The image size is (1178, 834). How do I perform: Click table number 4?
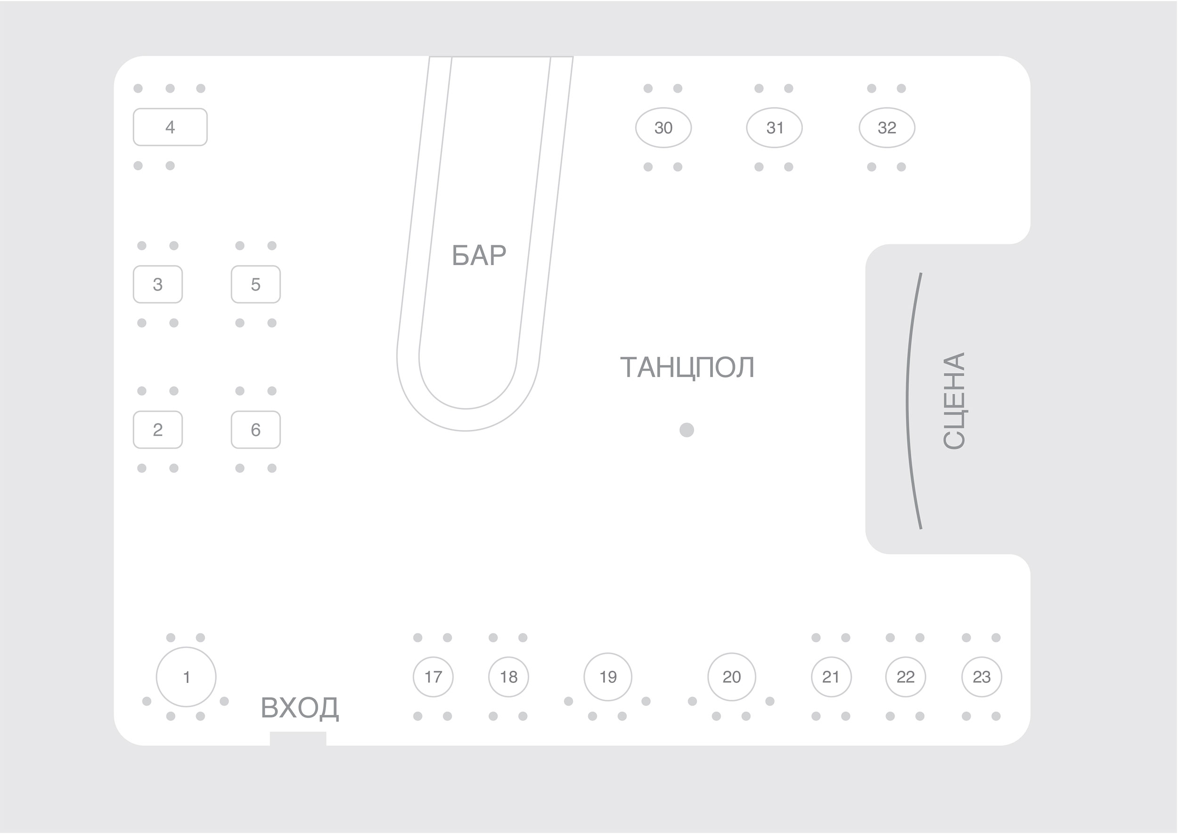tap(170, 127)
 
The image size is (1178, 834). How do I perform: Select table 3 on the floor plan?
tap(158, 284)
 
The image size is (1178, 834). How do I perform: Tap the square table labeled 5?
tap(256, 284)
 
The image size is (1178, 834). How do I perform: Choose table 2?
tap(158, 429)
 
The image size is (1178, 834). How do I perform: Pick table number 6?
tap(256, 429)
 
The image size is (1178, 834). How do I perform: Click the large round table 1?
tap(186, 677)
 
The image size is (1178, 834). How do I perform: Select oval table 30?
tap(663, 127)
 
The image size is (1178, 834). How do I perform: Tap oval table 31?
tap(774, 127)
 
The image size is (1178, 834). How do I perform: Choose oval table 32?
tap(887, 127)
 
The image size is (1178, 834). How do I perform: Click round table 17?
tap(433, 677)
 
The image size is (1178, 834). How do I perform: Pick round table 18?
tap(508, 677)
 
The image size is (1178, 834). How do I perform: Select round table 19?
tap(608, 677)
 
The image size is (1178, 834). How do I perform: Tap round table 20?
tap(732, 677)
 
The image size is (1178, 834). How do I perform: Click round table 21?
tap(831, 677)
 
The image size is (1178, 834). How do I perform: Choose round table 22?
tap(906, 677)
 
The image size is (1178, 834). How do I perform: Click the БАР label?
tap(479, 255)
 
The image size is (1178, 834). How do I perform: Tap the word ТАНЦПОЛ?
tap(687, 367)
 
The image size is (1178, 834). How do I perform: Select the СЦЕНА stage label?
tap(955, 401)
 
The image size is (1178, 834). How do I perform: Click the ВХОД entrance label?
tap(300, 708)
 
